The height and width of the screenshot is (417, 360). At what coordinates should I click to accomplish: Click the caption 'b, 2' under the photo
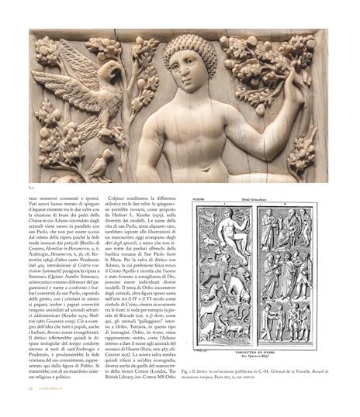tap(33, 186)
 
